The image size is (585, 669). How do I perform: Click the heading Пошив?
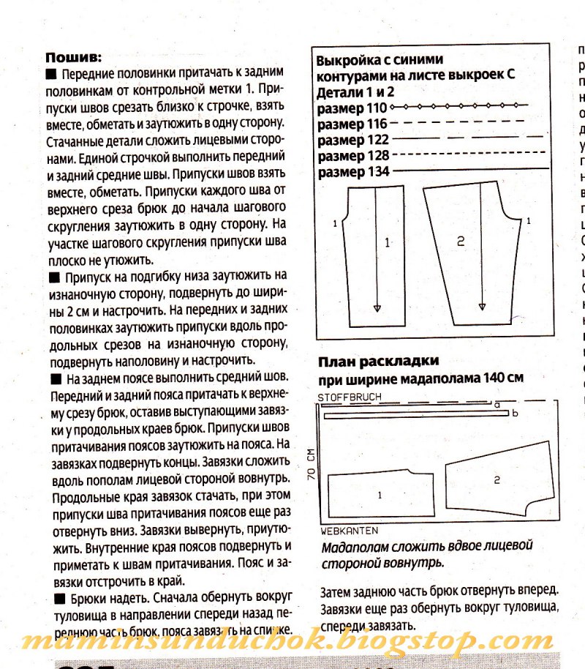tap(74, 56)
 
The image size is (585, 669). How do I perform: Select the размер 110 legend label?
tap(351, 109)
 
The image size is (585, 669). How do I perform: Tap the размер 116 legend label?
tap(351, 124)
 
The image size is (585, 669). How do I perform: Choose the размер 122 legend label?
tap(352, 140)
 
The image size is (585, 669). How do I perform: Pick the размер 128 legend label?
tap(352, 156)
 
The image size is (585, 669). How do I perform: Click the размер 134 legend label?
tap(352, 172)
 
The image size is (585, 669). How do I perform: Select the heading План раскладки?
tap(378, 361)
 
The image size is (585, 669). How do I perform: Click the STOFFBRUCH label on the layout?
tap(349, 397)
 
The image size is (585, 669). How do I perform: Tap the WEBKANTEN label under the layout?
tap(349, 529)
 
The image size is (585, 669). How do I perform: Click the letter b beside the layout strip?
tap(516, 414)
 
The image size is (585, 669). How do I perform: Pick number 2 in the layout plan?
tap(496, 480)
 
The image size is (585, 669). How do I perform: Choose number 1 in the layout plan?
tap(380, 496)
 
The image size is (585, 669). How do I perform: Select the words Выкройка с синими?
tap(380, 59)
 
